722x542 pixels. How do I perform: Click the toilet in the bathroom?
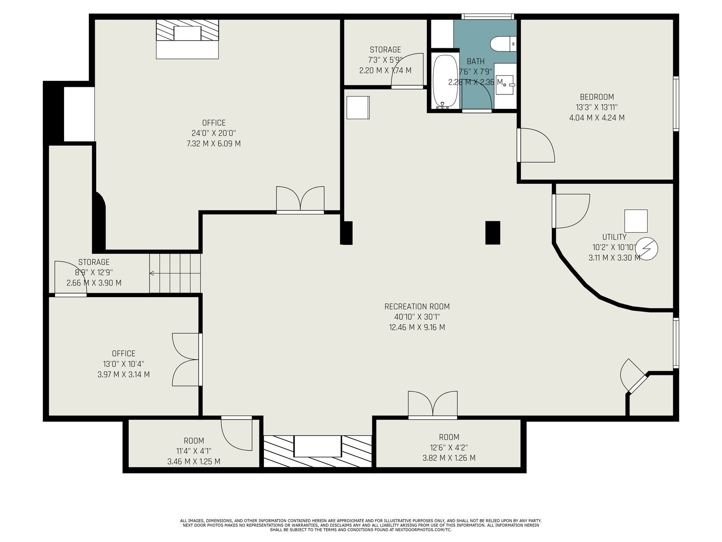click(x=503, y=44)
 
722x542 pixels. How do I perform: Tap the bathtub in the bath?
click(x=445, y=82)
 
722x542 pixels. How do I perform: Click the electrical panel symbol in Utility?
click(x=646, y=249)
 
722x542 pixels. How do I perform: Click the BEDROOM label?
click(x=597, y=97)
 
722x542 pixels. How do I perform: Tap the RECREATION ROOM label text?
click(x=417, y=307)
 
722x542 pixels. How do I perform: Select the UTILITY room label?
click(x=614, y=237)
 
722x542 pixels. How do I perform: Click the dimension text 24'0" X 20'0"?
click(x=214, y=133)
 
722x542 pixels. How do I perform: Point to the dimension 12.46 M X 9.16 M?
click(x=417, y=327)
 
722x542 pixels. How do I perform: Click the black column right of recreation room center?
click(x=493, y=233)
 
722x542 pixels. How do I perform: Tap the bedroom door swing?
click(x=536, y=145)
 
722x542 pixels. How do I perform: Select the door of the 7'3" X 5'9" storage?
click(x=407, y=71)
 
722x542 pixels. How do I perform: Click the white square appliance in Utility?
click(x=636, y=221)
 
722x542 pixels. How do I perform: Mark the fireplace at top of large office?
click(x=187, y=39)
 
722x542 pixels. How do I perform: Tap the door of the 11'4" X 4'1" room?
click(x=236, y=433)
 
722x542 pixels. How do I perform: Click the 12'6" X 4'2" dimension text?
click(x=449, y=448)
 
